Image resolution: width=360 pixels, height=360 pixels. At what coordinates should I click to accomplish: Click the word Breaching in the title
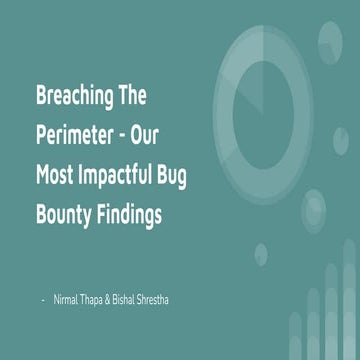[x=78, y=99]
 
